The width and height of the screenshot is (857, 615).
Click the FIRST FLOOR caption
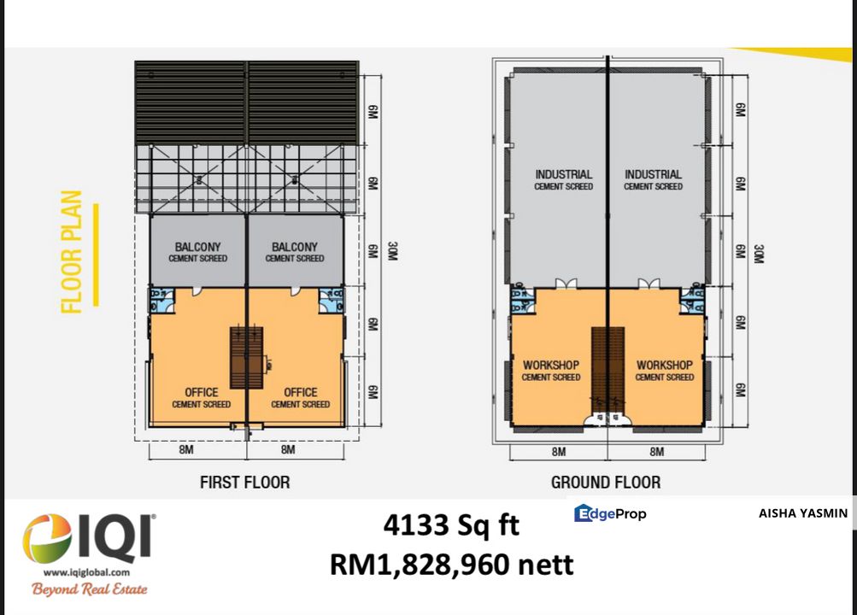coord(244,483)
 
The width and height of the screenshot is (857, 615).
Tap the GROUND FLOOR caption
coord(605,483)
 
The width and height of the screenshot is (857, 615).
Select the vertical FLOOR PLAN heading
coord(72,252)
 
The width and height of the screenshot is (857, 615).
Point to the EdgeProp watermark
coord(610,513)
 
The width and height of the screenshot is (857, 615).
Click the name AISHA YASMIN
coord(802,513)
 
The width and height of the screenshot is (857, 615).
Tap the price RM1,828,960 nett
coord(451,565)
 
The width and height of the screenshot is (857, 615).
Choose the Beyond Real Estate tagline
coord(89,589)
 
